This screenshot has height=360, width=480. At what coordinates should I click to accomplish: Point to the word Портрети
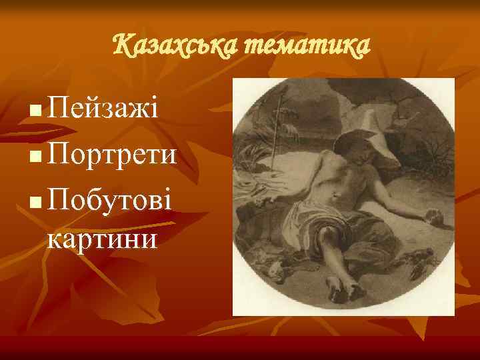(113, 156)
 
